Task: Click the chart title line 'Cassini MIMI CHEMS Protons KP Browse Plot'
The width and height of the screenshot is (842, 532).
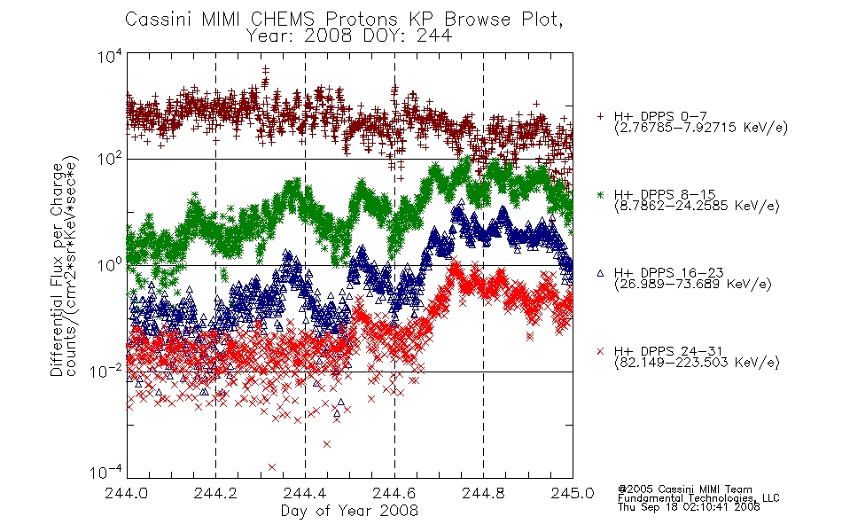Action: [344, 20]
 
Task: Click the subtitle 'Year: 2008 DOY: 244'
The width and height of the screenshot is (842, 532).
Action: [349, 36]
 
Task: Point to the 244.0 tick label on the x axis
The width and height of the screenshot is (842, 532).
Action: [127, 493]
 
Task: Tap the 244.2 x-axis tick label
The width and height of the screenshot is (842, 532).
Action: [216, 493]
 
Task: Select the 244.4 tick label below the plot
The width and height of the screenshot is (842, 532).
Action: [305, 493]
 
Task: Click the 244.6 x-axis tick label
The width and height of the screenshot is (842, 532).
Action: [394, 493]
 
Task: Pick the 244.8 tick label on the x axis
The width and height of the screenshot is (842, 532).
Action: [483, 493]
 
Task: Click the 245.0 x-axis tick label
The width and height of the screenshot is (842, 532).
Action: [573, 493]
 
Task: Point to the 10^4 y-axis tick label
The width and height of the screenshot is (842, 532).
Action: [110, 56]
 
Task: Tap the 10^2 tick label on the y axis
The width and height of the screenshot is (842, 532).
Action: [110, 159]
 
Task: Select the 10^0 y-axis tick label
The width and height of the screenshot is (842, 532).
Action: [110, 265]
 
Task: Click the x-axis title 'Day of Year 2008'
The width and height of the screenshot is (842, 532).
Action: [349, 511]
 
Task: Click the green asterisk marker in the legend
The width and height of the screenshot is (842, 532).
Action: [600, 194]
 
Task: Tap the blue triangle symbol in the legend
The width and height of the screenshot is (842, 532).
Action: [600, 273]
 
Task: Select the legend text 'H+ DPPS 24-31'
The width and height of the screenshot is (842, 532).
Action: [668, 351]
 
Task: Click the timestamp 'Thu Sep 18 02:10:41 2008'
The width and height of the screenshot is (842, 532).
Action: [689, 507]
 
